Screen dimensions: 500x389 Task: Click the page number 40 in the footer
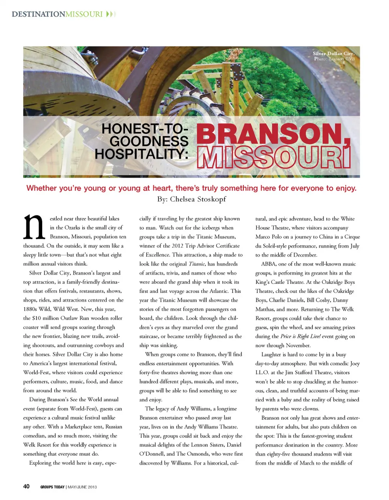pyautogui.click(x=26, y=486)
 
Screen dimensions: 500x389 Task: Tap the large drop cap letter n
pyautogui.click(x=34, y=227)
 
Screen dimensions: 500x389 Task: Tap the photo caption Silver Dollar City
pyautogui.click(x=333, y=54)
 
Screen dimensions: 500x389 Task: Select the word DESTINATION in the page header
pyautogui.click(x=38, y=14)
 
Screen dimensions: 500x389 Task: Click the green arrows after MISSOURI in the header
pyautogui.click(x=111, y=14)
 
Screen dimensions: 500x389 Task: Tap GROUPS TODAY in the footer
pyautogui.click(x=52, y=487)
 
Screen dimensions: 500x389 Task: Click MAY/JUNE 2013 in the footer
pyautogui.click(x=82, y=487)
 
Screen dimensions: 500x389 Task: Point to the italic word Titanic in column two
pyautogui.click(x=197, y=264)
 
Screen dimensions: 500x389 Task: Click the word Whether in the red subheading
pyautogui.click(x=42, y=188)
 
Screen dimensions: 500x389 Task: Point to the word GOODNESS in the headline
pyautogui.click(x=149, y=142)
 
